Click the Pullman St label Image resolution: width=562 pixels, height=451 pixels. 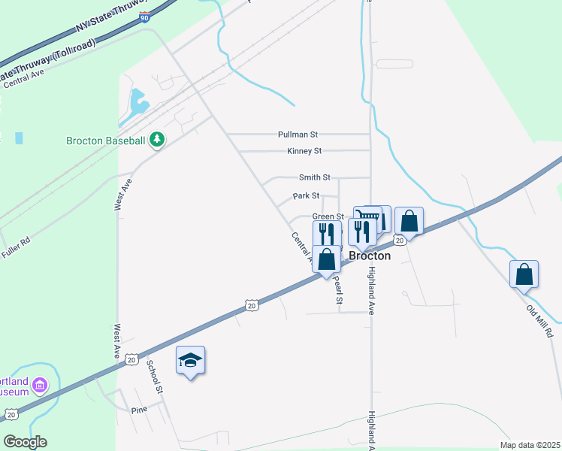pos(298,135)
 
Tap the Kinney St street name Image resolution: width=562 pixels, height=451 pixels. pos(304,151)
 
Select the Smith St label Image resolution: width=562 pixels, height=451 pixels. pos(314,177)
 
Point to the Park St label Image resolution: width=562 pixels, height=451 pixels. pos(306,196)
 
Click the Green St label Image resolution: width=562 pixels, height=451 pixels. pos(328,216)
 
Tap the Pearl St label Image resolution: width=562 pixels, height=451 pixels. pos(338,289)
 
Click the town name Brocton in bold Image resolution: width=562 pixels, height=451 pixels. pos(370,256)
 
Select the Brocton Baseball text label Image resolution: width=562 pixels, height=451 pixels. pos(105,141)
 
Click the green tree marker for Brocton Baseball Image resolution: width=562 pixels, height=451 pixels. pos(157,140)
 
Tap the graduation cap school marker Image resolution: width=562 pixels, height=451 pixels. pos(190,361)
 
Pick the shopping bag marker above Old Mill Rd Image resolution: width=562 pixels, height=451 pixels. pos(524,274)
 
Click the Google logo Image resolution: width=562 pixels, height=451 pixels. pos(25,442)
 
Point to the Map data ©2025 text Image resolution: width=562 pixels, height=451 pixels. pos(530,444)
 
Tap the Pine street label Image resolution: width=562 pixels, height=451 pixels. pos(139,410)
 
